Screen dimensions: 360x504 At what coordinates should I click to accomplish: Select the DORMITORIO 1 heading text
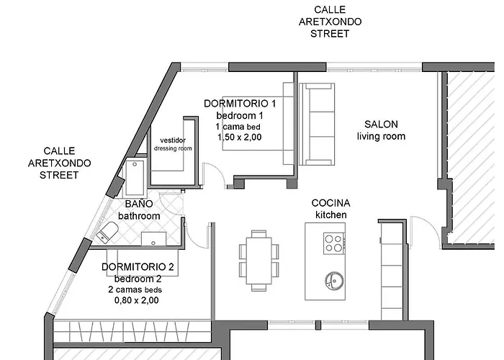point(240,104)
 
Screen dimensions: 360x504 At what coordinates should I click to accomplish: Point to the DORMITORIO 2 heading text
point(138,267)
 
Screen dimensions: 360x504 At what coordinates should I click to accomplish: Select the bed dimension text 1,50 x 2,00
point(240,137)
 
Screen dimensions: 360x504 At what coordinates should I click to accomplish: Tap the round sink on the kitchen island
point(333,278)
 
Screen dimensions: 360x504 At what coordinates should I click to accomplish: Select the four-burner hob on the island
point(333,243)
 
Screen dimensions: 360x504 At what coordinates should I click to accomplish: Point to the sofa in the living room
point(317,123)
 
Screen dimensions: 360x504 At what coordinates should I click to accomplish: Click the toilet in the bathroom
point(109,233)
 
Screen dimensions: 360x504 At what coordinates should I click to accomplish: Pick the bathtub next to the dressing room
point(135,175)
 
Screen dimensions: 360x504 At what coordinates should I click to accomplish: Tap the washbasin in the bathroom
point(152,238)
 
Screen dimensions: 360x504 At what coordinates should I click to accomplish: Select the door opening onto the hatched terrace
point(431,229)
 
